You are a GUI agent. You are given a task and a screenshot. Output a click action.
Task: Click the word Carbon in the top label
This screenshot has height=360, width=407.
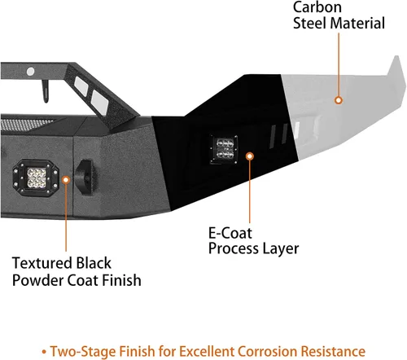[317, 7]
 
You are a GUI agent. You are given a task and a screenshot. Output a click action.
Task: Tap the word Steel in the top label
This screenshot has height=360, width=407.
[309, 23]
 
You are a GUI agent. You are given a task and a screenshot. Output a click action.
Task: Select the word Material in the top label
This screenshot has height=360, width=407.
[357, 23]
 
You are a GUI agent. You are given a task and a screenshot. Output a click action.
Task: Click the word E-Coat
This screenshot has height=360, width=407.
[230, 233]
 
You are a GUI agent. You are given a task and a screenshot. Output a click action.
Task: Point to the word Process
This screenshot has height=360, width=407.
[234, 248]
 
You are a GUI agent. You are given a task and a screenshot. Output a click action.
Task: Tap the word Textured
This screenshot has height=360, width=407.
[42, 263]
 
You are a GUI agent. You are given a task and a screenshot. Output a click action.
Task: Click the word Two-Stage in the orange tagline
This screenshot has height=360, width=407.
[83, 352]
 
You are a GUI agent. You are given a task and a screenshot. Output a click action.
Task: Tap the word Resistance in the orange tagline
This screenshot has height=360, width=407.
[333, 351]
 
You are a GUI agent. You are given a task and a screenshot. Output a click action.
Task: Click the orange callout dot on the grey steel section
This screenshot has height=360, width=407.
[339, 100]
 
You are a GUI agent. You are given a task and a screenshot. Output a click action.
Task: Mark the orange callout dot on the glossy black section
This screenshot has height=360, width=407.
[250, 156]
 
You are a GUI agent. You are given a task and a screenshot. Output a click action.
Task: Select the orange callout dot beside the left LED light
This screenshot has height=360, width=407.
[66, 180]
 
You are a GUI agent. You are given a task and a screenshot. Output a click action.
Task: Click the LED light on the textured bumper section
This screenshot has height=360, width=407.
[36, 178]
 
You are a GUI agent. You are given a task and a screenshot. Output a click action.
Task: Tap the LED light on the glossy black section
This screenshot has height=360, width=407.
[224, 149]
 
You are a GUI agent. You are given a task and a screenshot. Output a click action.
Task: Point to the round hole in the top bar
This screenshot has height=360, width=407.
[30, 72]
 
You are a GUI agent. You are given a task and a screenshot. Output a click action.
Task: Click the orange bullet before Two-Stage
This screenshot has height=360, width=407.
[44, 352]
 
